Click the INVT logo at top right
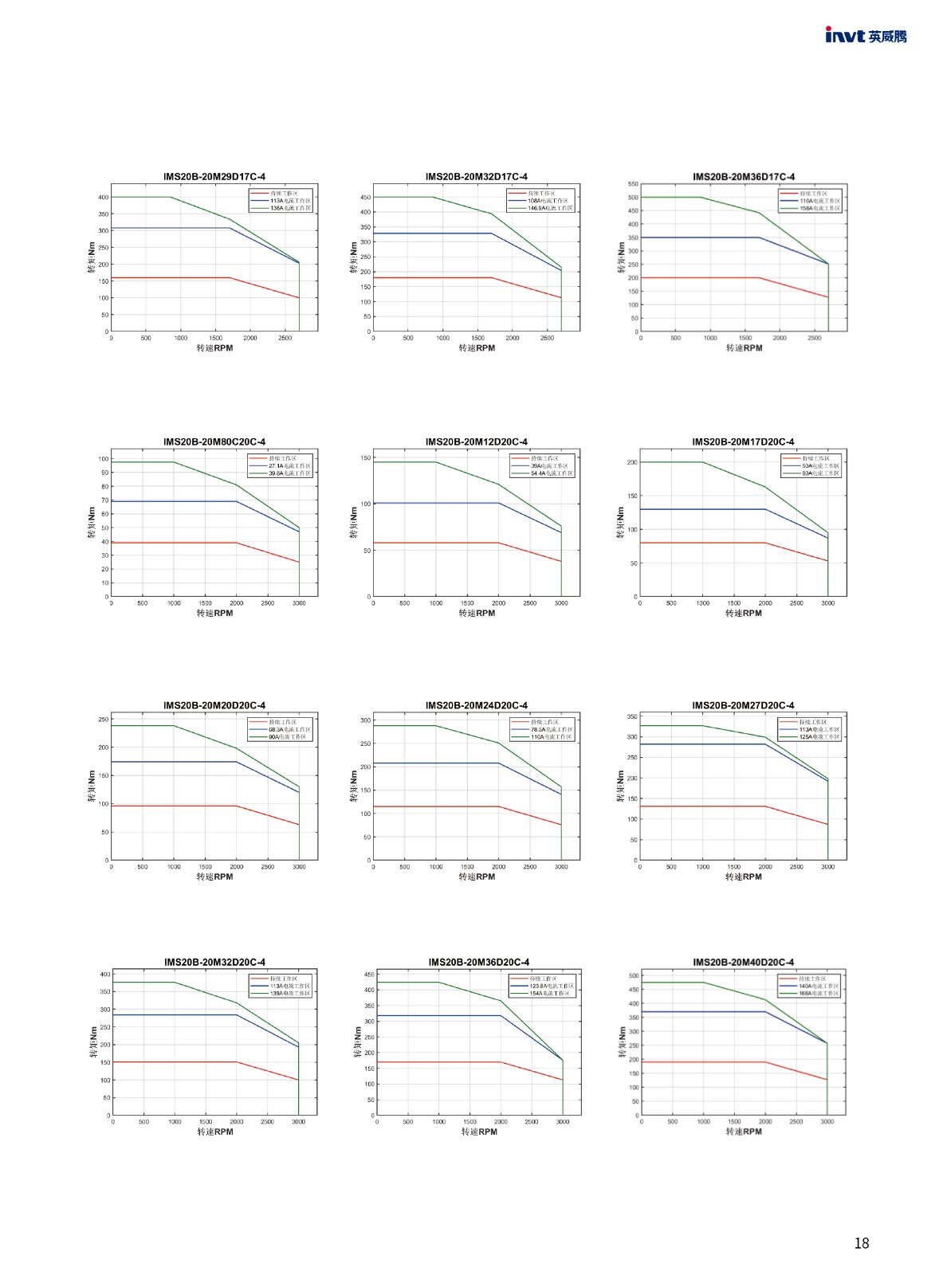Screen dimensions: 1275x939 coord(866,36)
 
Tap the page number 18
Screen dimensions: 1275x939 coord(861,1243)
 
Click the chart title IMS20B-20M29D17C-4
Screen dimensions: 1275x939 coord(214,177)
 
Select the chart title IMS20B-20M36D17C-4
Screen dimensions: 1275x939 coord(743,177)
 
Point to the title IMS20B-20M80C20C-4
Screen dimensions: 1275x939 coord(214,441)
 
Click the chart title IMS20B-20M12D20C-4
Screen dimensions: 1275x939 coord(476,441)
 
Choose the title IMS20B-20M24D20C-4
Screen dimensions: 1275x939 coord(476,705)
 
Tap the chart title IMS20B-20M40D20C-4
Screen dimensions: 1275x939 coord(743,962)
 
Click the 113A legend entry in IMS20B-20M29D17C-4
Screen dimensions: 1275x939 coord(290,201)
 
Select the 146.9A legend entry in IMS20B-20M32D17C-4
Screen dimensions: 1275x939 coord(550,208)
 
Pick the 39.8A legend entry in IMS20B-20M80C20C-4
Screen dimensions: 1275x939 coord(289,473)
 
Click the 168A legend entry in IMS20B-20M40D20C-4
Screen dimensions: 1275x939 coord(819,994)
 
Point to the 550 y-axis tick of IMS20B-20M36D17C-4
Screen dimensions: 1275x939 coord(633,184)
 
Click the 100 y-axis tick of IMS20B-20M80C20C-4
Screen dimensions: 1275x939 coord(104,459)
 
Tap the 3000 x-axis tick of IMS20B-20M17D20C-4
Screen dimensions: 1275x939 coord(827,603)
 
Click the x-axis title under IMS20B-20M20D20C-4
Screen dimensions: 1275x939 coord(214,877)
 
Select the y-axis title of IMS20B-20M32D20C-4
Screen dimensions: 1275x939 coord(93,1042)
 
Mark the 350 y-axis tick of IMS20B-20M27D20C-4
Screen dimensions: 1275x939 coord(632,716)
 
